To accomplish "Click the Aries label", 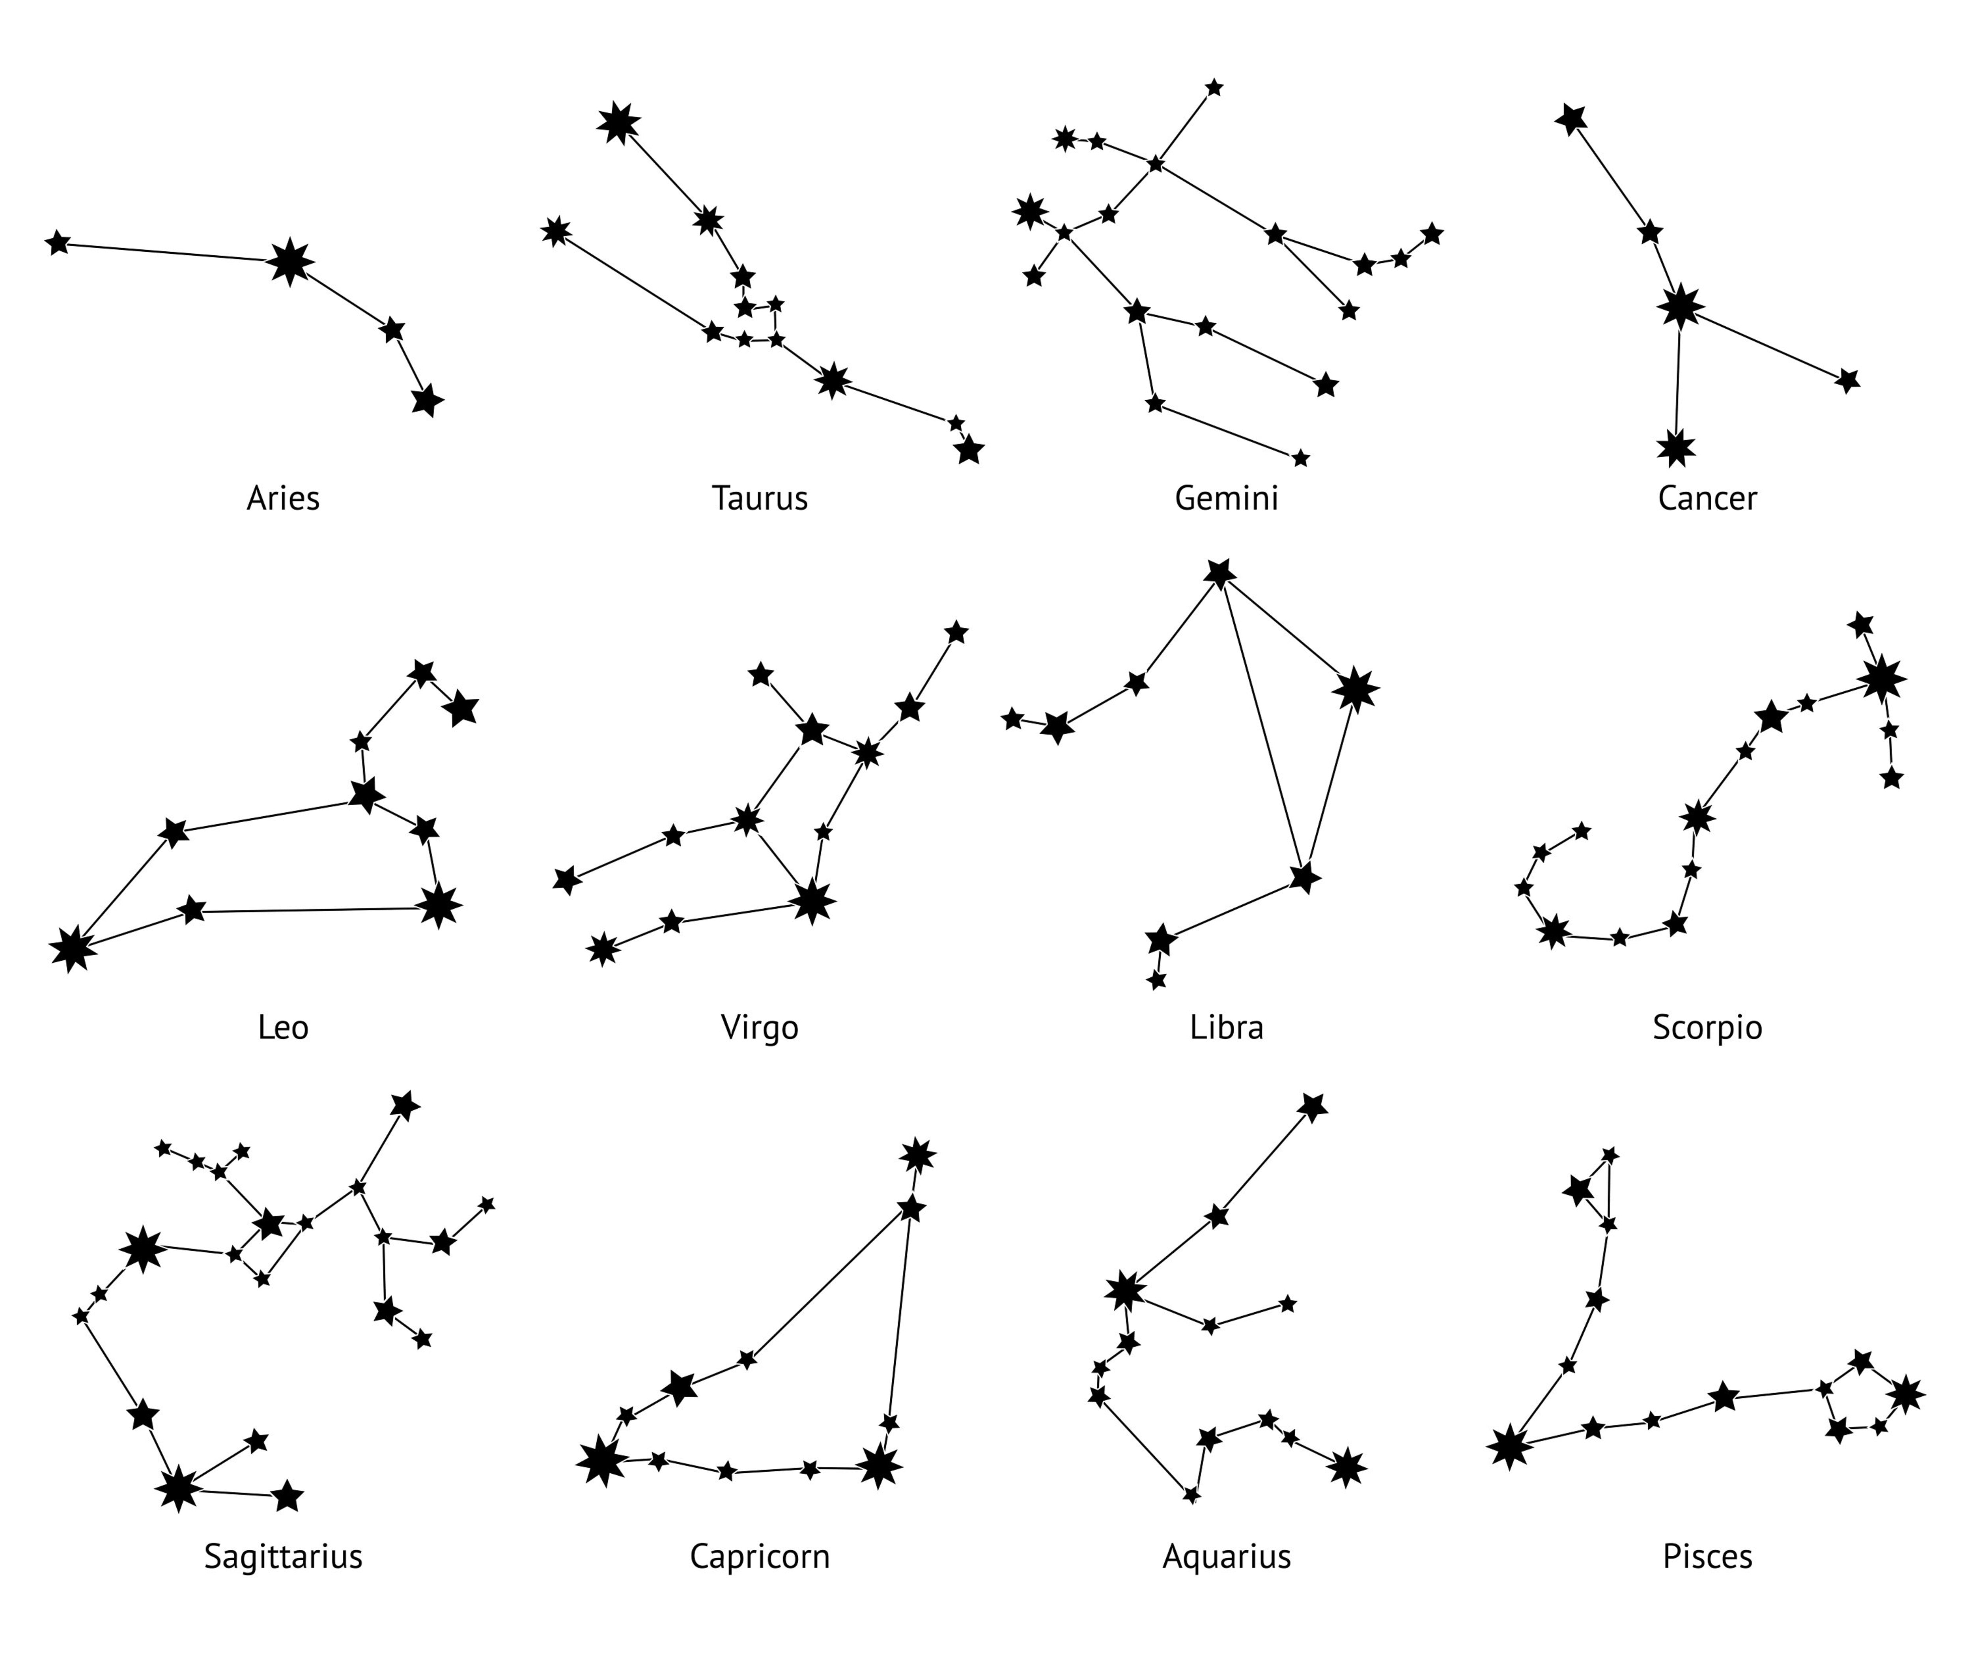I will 283,498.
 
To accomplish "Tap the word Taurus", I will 760,498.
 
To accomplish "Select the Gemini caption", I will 1227,498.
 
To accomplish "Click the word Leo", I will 283,1027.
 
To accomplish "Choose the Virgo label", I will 760,1027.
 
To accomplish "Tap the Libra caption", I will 1227,1027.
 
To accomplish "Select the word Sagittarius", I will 283,1557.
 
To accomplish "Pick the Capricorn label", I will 760,1557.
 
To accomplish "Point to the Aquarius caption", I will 1227,1557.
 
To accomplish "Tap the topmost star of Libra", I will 1219,573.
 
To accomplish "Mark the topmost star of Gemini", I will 1214,87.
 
